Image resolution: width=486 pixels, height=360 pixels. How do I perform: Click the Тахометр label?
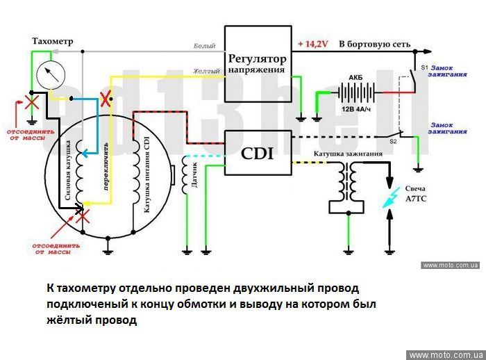click(52, 42)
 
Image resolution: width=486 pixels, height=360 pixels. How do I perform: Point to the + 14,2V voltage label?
click(312, 44)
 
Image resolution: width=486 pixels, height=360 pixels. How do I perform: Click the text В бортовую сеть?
click(374, 44)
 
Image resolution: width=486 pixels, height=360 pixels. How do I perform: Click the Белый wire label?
click(206, 45)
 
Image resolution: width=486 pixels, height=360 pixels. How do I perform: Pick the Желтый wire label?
click(206, 70)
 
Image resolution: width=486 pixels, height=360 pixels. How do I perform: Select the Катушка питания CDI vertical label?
click(146, 174)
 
